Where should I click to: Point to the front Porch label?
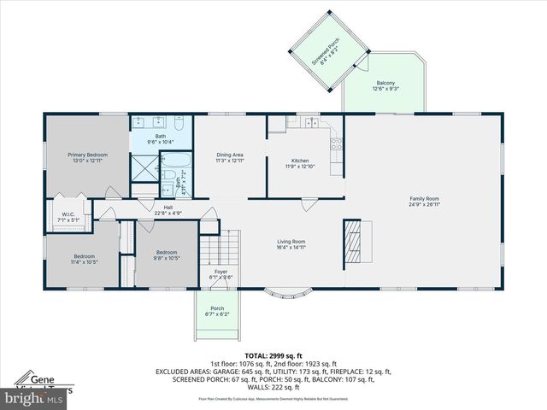pos(217,310)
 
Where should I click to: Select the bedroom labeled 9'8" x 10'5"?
pos(167,255)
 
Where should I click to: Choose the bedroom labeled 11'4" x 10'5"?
pos(85,258)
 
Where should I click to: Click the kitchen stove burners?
pos(337,144)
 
